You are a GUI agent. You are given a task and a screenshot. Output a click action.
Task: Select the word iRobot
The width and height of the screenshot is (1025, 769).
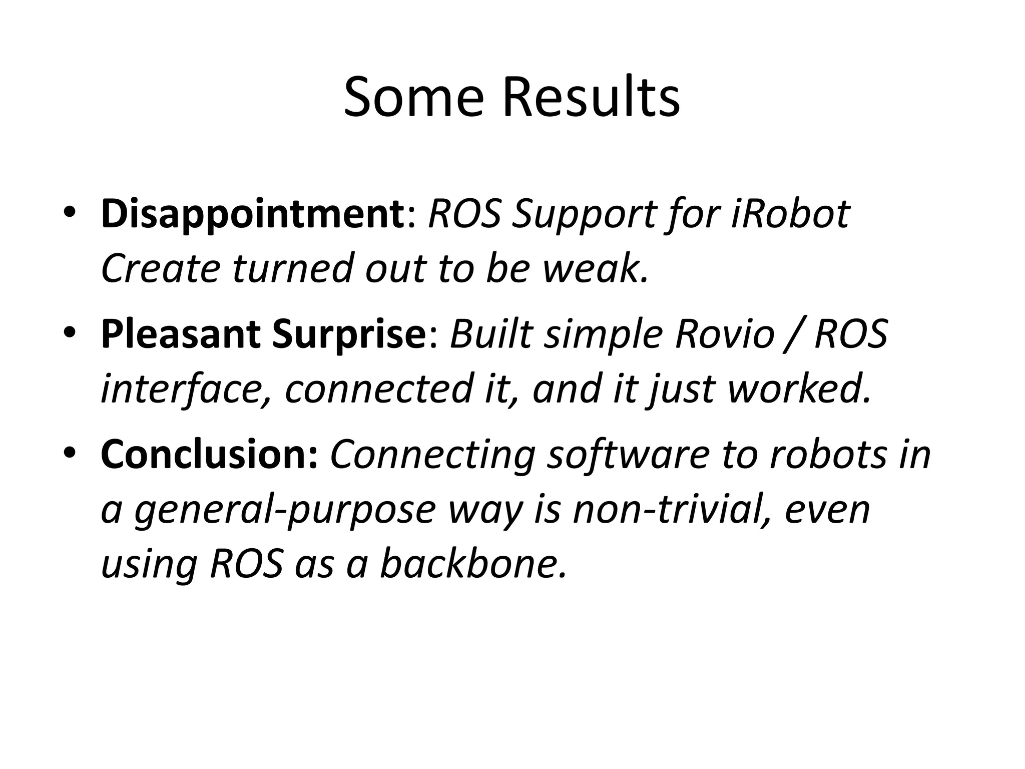(x=790, y=214)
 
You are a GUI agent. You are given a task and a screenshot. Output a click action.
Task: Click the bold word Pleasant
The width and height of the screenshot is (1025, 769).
(x=180, y=335)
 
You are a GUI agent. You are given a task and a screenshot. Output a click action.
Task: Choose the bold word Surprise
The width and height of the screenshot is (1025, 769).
(x=348, y=335)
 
